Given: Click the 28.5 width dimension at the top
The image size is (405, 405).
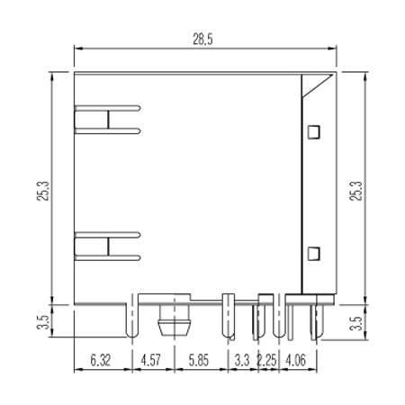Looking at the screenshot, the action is pos(202,40).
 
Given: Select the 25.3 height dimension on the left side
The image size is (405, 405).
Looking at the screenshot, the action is pos(43,191).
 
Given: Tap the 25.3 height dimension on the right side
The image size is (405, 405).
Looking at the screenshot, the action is pos(356,191).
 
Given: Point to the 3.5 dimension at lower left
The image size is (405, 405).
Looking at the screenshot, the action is pos(43,322).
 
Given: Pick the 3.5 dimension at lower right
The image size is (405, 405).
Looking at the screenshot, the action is pos(356,323).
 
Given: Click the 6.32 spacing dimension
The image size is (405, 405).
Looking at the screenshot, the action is pos(101,360).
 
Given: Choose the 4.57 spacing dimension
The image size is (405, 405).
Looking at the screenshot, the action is pos(151,360).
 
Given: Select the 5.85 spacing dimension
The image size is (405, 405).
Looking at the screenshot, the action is pos(199,360).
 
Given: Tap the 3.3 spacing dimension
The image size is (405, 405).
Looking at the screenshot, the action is pos(242,360).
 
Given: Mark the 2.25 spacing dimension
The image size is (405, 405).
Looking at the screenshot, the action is pos(266,360).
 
